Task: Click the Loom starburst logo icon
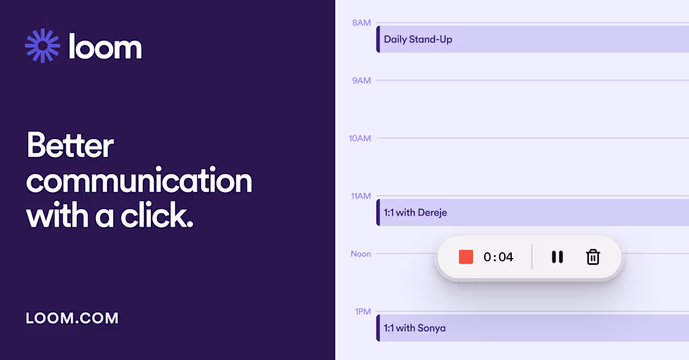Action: click(x=43, y=46)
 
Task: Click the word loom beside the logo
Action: click(x=105, y=48)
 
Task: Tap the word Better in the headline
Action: click(x=70, y=146)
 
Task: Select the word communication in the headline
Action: click(x=139, y=181)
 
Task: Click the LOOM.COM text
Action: click(x=72, y=318)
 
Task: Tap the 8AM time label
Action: click(x=361, y=23)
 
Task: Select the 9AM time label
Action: click(x=361, y=80)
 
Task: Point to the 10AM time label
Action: click(x=360, y=138)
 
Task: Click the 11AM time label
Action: click(x=360, y=196)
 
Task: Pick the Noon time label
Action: click(x=361, y=254)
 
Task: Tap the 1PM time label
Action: click(x=363, y=311)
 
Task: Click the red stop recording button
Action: click(x=466, y=257)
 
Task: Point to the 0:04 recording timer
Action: click(x=499, y=257)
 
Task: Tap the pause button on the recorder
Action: click(x=557, y=257)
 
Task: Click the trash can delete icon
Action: click(x=593, y=257)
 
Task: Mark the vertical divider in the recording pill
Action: click(x=532, y=257)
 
